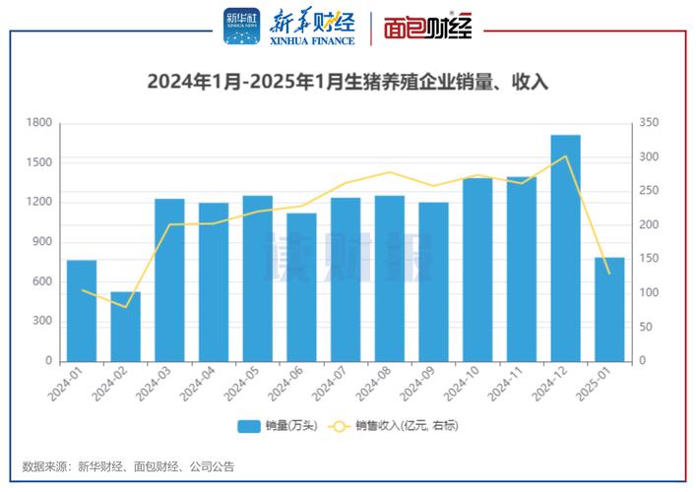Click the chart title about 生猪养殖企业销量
[348, 83]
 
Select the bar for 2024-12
[565, 248]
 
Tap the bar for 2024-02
[125, 327]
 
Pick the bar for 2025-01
[609, 309]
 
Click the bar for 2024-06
[301, 287]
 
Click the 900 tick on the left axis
[42, 242]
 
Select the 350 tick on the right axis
[648, 123]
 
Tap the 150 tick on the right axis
[648, 259]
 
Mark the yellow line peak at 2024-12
[565, 155]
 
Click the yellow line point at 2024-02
[125, 307]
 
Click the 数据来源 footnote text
[128, 467]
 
